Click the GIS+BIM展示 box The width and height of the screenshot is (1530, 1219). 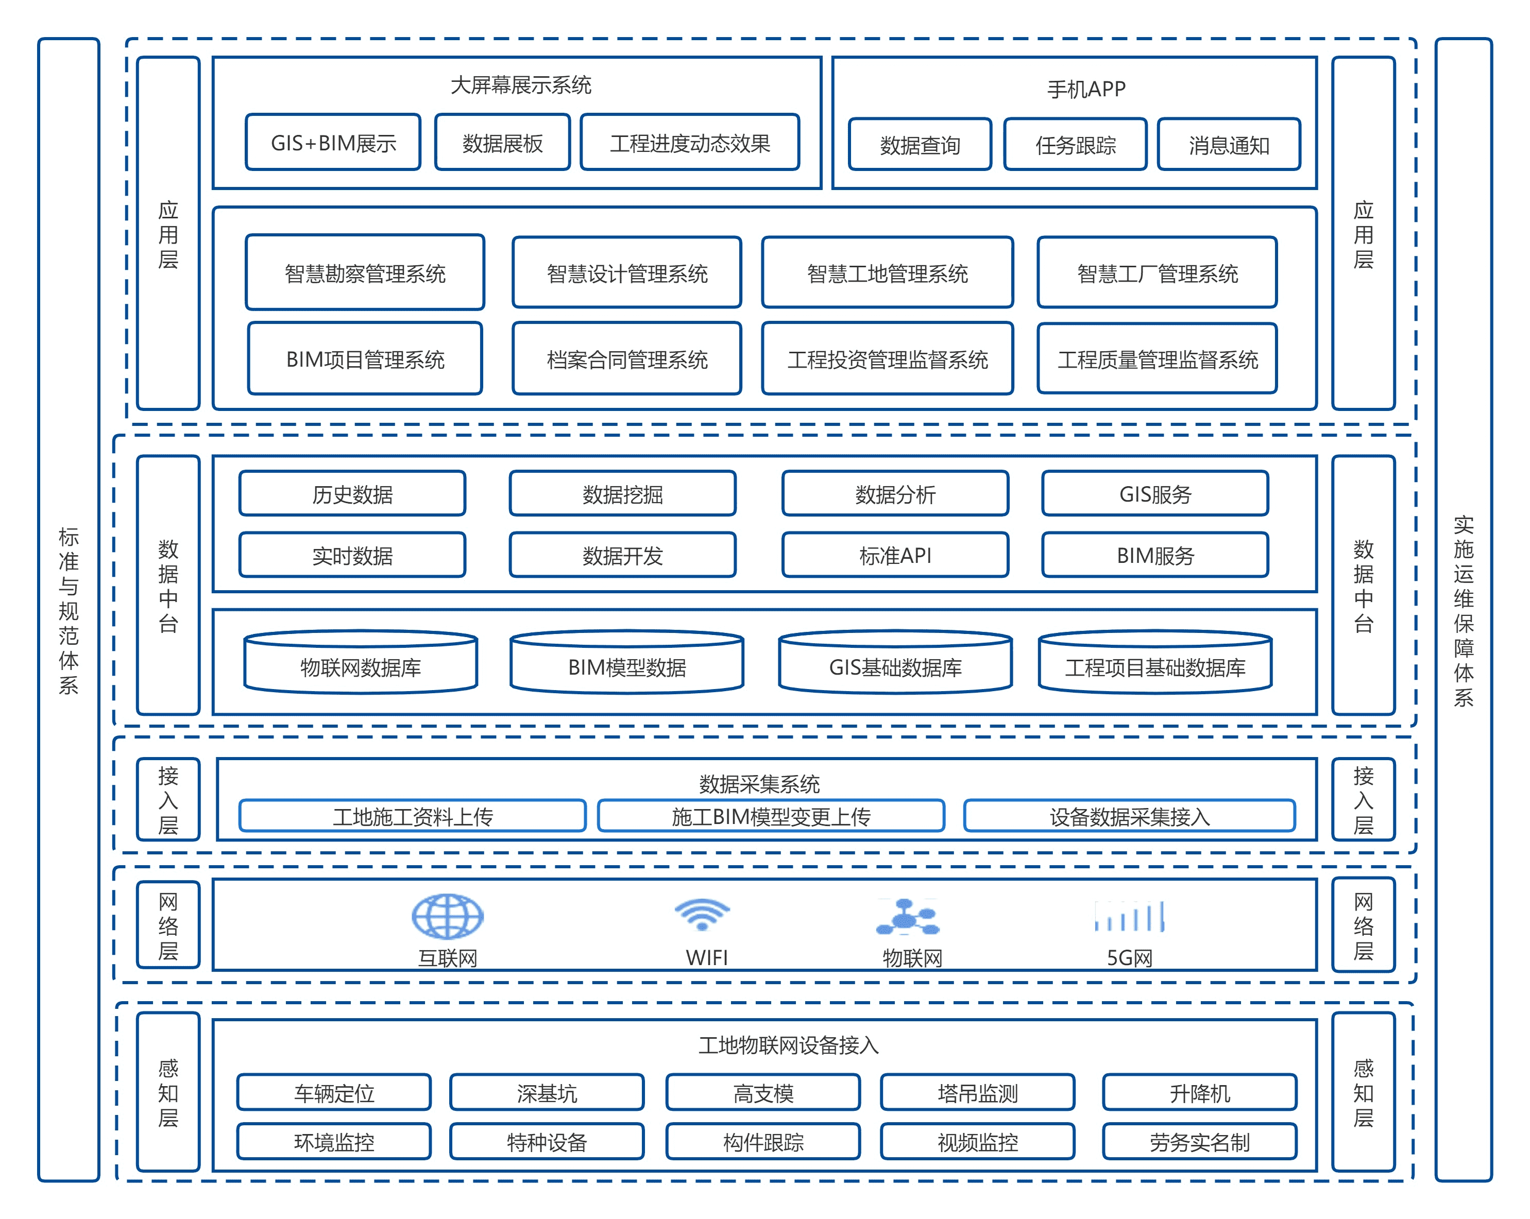click(333, 143)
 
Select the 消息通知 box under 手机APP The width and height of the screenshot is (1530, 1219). click(1229, 145)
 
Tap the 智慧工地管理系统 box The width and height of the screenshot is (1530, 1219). click(887, 273)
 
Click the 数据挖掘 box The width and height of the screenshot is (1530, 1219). click(622, 494)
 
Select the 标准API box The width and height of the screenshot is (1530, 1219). click(895, 555)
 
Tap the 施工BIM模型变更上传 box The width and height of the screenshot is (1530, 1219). click(771, 816)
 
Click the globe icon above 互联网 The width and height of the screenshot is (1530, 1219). click(448, 916)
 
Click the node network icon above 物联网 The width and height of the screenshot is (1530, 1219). click(908, 916)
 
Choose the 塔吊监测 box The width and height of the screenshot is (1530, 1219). click(977, 1093)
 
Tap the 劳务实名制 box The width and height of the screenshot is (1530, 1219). click(1199, 1142)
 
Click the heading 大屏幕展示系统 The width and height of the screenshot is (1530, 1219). click(520, 85)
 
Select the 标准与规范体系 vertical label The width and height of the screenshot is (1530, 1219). click(68, 610)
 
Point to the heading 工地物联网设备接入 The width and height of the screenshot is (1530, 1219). click(788, 1045)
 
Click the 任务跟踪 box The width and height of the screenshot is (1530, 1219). click(1075, 145)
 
